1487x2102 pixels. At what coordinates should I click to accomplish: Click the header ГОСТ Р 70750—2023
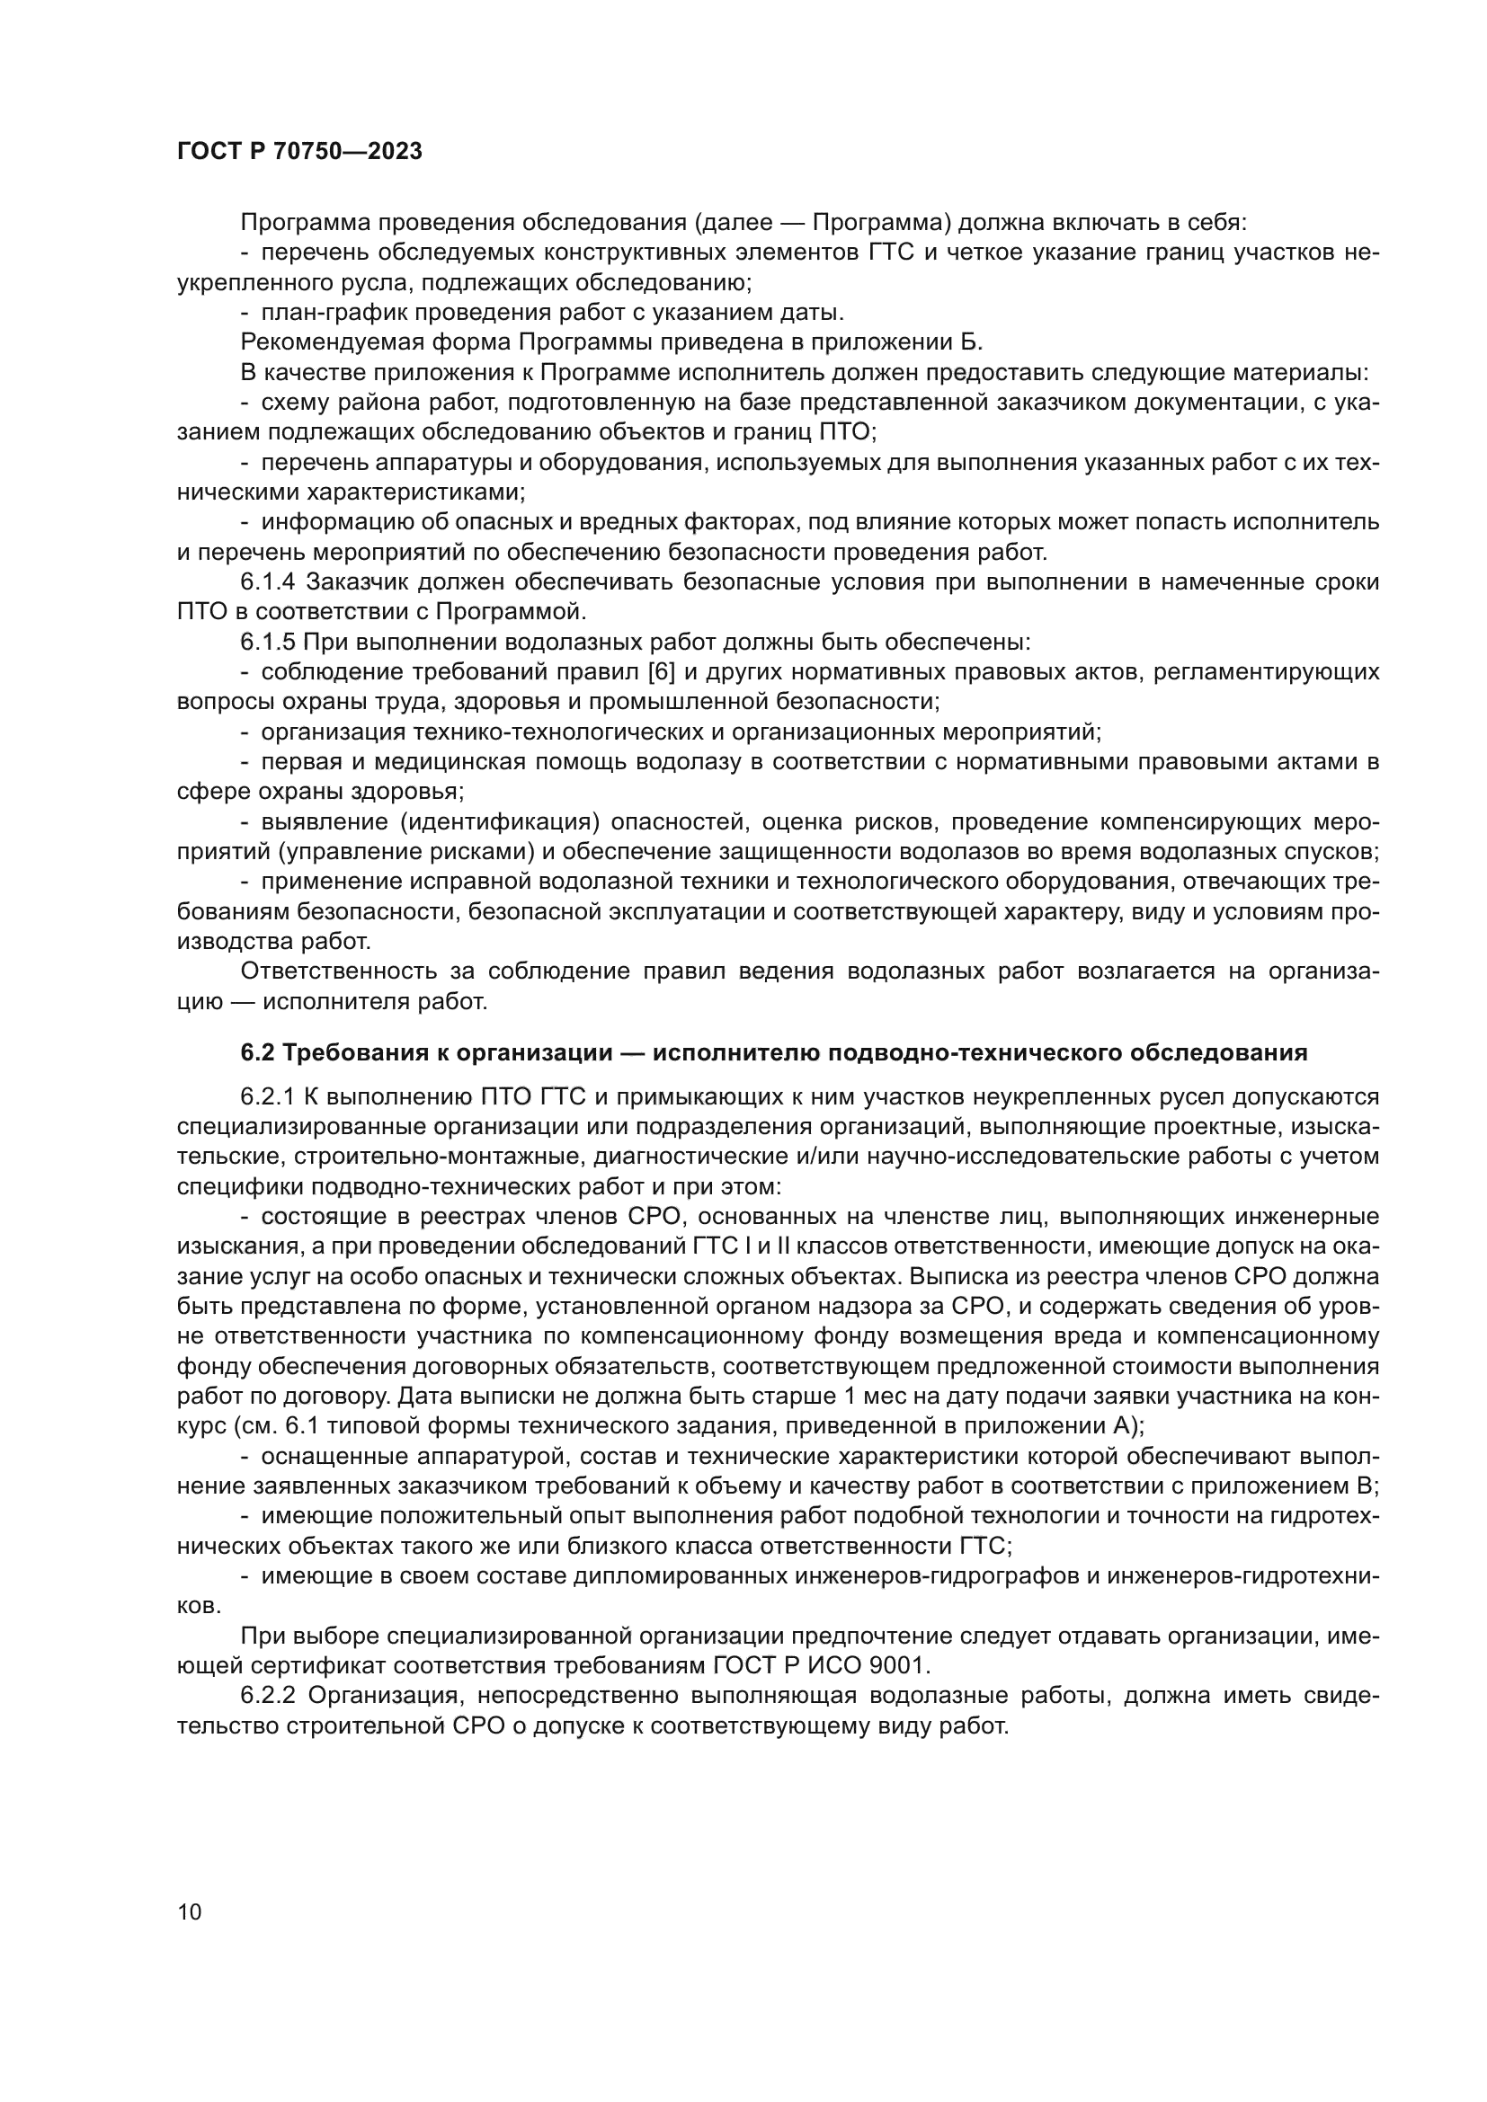click(299, 152)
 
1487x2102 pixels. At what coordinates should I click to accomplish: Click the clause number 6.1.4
click(268, 582)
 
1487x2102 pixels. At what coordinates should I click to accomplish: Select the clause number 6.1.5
click(268, 642)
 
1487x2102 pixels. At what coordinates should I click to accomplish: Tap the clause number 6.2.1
click(268, 1096)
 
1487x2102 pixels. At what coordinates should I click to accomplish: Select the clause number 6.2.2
click(268, 1696)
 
